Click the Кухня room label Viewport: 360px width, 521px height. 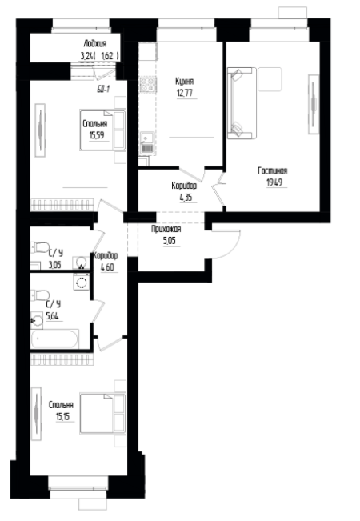click(184, 82)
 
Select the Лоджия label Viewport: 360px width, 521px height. click(95, 43)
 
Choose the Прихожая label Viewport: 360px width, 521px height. click(166, 229)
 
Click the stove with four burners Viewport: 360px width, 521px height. click(148, 84)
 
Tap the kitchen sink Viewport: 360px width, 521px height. click(147, 143)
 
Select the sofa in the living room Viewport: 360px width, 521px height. click(242, 103)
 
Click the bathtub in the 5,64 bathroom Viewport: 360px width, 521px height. click(54, 339)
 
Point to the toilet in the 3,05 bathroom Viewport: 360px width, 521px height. click(40, 247)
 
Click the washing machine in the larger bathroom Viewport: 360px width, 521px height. click(82, 282)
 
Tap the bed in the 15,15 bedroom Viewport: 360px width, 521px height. click(102, 414)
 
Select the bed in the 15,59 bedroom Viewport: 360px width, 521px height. click(102, 130)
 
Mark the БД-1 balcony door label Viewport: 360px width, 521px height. click(103, 89)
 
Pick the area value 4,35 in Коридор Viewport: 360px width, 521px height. click(186, 198)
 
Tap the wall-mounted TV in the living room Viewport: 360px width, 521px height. click(313, 104)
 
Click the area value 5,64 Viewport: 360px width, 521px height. click(53, 316)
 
